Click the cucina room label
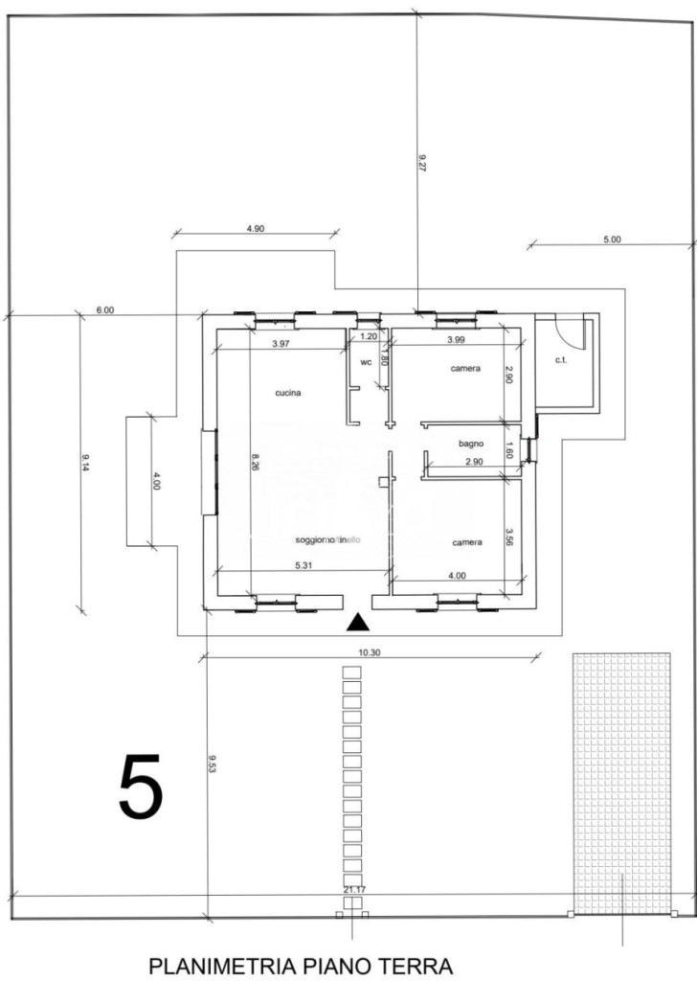pos(288,393)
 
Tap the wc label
pos(366,363)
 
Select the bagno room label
pos(470,444)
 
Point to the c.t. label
pos(562,361)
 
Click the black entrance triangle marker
pos(357,624)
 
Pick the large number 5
pos(141,787)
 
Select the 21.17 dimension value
pos(353,890)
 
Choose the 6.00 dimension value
pos(105,309)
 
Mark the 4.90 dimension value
pos(256,229)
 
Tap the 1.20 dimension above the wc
pos(369,336)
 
